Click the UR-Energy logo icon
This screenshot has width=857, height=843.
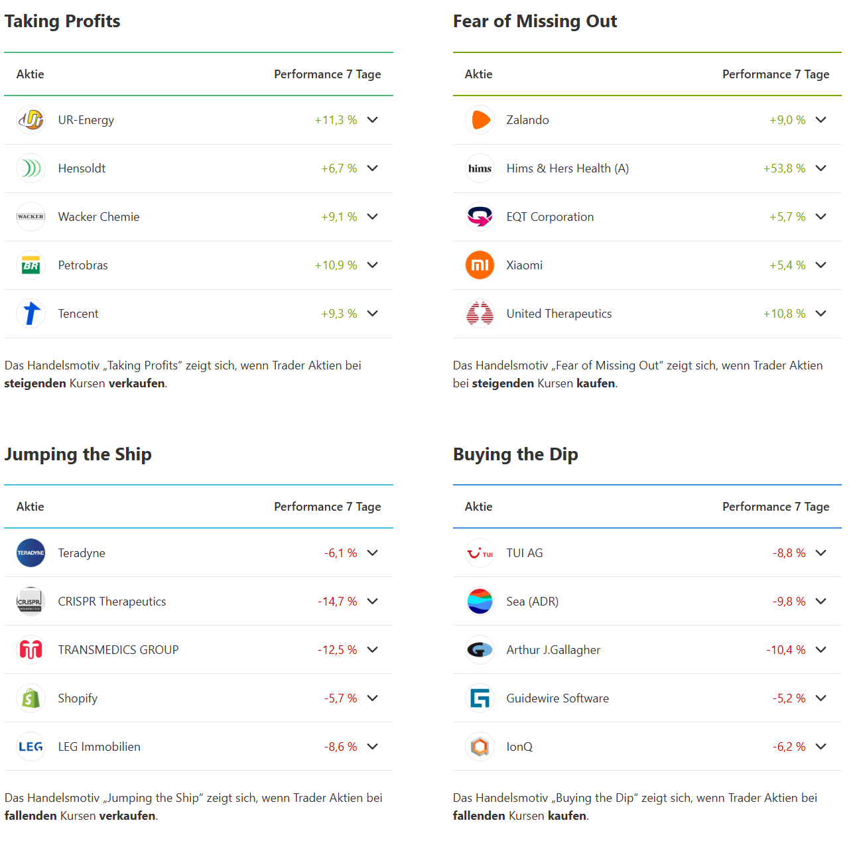31,120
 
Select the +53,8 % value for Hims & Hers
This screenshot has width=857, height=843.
784,168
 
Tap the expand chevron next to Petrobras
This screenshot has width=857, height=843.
373,265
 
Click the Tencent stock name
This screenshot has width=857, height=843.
78,314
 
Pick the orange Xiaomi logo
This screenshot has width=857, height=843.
480,265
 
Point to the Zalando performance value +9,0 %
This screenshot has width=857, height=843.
787,120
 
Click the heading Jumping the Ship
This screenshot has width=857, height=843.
78,454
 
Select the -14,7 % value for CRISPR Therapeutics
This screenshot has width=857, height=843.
338,602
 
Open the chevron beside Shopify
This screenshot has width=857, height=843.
373,698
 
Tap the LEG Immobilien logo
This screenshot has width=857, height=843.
31,747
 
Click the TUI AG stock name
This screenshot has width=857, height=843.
525,553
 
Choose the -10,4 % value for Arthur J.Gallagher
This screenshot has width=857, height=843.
786,650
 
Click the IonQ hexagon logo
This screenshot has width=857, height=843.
480,747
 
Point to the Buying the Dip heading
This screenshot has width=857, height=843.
515,454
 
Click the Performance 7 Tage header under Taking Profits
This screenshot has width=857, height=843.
327,74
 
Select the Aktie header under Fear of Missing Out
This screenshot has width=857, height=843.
478,74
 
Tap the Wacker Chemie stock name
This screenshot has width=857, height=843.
99,217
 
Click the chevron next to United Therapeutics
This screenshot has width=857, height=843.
821,314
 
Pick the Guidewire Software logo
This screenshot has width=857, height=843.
480,698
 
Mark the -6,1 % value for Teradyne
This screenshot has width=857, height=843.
340,553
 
